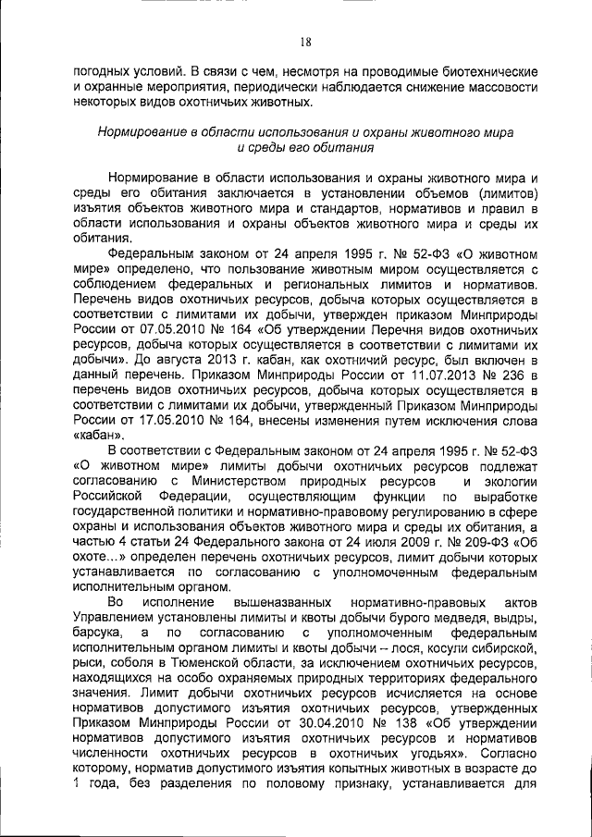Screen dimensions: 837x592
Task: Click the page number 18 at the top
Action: (x=305, y=41)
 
